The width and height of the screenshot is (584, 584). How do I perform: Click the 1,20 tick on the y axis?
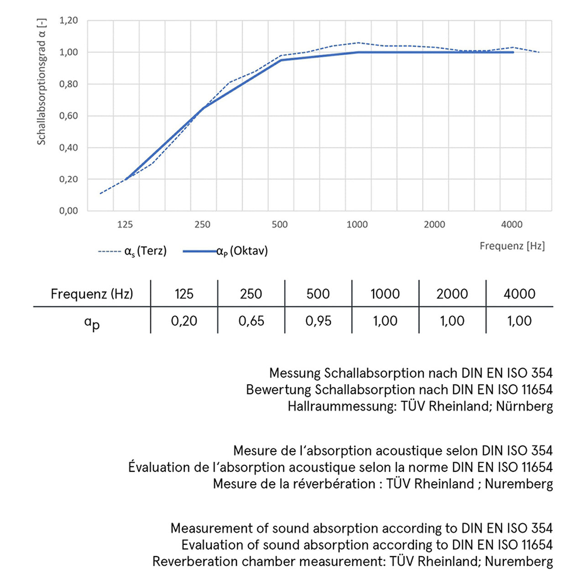pos(68,21)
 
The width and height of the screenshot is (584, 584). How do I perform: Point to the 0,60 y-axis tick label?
pos(68,116)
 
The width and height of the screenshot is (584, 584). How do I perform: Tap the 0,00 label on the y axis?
pos(68,211)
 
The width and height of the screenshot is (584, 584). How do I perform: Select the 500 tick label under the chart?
pos(280,224)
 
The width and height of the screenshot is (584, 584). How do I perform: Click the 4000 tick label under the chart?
pos(512,224)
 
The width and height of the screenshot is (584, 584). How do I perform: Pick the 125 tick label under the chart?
pos(125,224)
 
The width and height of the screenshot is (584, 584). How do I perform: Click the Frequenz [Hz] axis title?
pos(512,246)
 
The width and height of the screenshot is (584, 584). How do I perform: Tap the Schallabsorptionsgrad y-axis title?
pos(42,82)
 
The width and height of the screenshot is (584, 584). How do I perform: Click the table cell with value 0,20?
pos(184,321)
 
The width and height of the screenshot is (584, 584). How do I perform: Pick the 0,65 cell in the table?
pos(251,321)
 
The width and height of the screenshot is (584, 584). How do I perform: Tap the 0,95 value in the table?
pos(318,321)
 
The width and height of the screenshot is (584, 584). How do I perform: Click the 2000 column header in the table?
pos(452,294)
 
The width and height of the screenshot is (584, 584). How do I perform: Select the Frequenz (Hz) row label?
pos(92,294)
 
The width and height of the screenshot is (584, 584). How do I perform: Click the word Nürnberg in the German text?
pos(524,406)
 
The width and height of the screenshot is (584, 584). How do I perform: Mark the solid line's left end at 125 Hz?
pos(125,179)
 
